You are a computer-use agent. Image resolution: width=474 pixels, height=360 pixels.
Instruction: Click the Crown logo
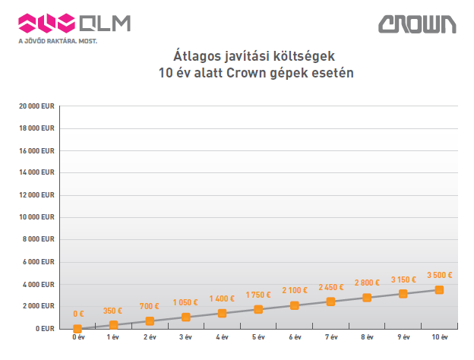[x=418, y=24]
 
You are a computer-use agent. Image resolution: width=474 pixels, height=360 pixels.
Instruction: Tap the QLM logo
[x=74, y=23]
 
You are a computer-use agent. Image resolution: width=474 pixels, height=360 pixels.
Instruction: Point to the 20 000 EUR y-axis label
[x=37, y=106]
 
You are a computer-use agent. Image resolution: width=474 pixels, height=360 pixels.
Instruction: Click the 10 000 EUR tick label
[x=37, y=217]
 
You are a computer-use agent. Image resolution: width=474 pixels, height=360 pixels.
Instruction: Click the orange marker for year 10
[x=439, y=289]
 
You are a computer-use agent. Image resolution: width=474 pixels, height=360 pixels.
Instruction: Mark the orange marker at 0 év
[x=77, y=329]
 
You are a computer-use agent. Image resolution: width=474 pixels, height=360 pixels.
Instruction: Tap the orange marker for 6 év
[x=295, y=305]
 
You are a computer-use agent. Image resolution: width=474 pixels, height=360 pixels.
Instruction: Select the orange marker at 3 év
[x=186, y=317]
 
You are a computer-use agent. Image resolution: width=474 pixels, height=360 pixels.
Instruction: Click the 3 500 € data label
[x=440, y=275]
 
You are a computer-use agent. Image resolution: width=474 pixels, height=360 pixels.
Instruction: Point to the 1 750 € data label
[x=259, y=295]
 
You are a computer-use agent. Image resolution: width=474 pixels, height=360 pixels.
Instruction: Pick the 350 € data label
[x=114, y=311]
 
